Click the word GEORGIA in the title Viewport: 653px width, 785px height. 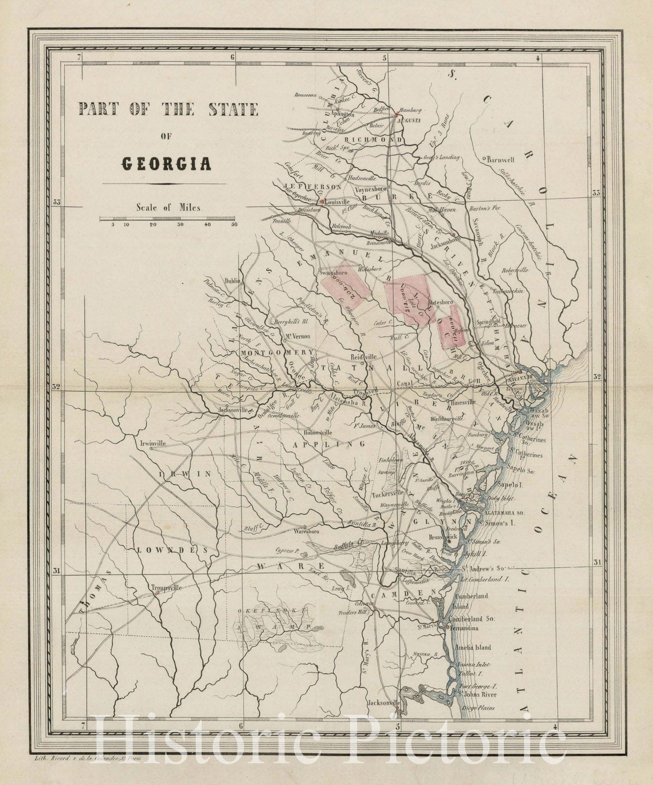pyautogui.click(x=166, y=164)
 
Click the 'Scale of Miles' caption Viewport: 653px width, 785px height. pyautogui.click(x=169, y=207)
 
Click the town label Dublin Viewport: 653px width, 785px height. pyautogui.click(x=232, y=281)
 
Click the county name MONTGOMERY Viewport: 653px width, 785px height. pyautogui.click(x=277, y=352)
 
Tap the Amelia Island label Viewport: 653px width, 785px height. pyautogui.click(x=472, y=647)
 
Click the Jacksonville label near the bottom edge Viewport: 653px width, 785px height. pyautogui.click(x=384, y=702)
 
